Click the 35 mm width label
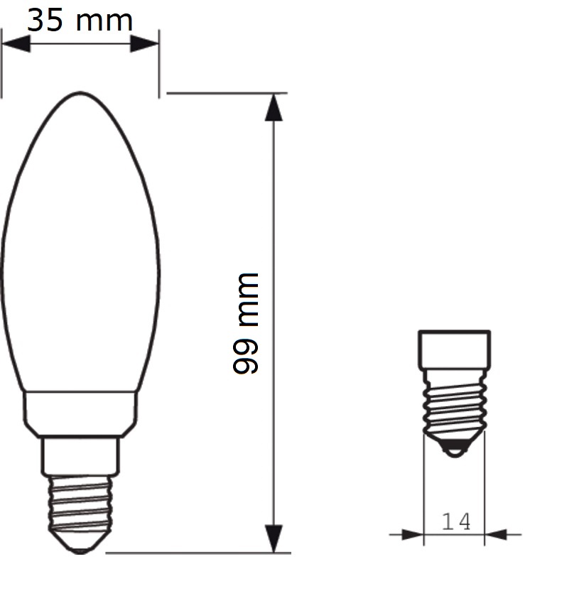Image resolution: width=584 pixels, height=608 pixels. tap(80, 21)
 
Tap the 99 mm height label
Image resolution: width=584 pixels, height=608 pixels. tap(246, 323)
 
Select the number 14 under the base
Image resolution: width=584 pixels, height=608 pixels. tap(456, 521)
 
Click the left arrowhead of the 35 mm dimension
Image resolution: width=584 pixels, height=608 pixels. tap(16, 43)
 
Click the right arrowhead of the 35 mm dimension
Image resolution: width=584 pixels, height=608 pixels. tap(144, 43)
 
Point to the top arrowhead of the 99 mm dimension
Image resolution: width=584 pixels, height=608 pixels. tap(274, 108)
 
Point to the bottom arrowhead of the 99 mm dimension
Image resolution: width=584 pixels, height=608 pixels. tap(274, 538)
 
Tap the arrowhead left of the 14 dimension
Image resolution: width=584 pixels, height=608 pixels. tap(413, 535)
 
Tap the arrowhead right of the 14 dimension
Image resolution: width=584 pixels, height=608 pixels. tap(496, 535)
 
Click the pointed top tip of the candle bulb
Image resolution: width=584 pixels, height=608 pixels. tap(80, 92)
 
